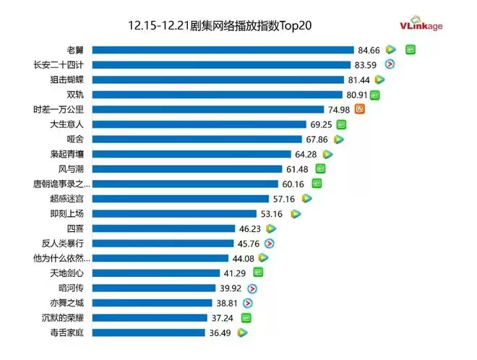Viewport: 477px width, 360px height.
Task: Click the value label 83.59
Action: pyautogui.click(x=366, y=64)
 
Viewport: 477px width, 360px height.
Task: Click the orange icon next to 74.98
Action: pyautogui.click(x=360, y=109)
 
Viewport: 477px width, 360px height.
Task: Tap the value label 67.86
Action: pyautogui.click(x=317, y=139)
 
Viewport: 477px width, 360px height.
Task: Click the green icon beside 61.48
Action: pyautogui.click(x=320, y=168)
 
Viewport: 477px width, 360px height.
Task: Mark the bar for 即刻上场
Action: pyautogui.click(x=176, y=213)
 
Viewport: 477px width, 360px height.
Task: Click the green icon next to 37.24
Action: pyautogui.click(x=246, y=317)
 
